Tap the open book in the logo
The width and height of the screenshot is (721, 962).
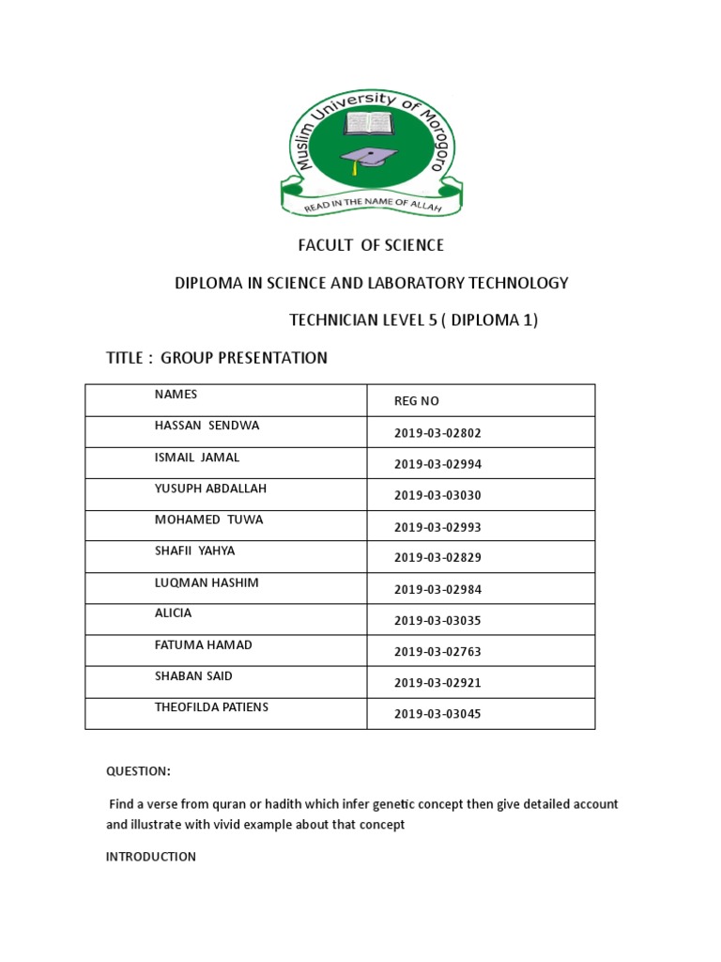pos(368,123)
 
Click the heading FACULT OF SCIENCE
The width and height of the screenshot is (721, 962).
pos(371,246)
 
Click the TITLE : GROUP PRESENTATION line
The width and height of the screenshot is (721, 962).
pos(217,358)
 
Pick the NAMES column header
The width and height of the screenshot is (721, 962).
pos(176,395)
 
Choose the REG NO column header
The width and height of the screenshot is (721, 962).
pos(417,401)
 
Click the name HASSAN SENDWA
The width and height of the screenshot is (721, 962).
pos(207,426)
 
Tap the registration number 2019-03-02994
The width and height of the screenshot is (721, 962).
pos(437,464)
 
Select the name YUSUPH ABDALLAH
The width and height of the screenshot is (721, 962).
pos(210,489)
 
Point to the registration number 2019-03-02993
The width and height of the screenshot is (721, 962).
pos(437,527)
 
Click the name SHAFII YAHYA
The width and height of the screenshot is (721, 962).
pos(195,551)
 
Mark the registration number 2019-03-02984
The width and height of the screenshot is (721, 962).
pos(437,590)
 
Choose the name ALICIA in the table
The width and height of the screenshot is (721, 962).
pos(174,613)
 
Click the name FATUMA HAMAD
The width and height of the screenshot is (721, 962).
pos(204,645)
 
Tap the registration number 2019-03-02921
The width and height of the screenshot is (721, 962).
pos(437,683)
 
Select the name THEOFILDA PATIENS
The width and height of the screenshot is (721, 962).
pos(212,706)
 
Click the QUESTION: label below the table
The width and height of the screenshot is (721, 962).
pos(138,771)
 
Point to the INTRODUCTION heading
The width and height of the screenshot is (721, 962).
pos(151,857)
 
